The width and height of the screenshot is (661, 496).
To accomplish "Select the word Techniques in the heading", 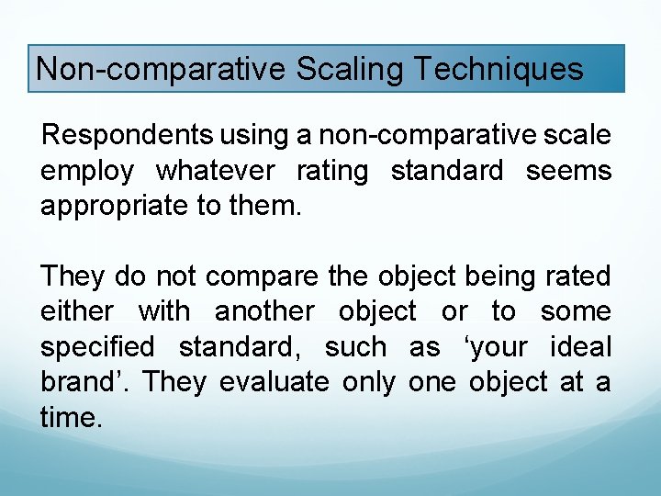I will [x=499, y=69].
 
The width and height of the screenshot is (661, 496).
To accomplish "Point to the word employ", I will [x=87, y=171].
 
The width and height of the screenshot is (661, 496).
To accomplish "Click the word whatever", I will [x=215, y=171].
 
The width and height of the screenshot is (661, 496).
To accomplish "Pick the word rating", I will [x=332, y=171].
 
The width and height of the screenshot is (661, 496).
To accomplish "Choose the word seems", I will [x=568, y=171].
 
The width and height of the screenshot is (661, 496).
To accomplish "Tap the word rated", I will [x=577, y=276].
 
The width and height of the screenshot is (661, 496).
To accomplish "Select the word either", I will [x=77, y=311].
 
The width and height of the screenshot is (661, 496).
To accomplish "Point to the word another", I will [x=264, y=311].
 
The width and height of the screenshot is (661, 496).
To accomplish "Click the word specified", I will [x=97, y=346].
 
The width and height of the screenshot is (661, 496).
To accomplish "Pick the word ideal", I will [x=580, y=346].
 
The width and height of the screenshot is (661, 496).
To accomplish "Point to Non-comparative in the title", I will [x=161, y=69].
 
